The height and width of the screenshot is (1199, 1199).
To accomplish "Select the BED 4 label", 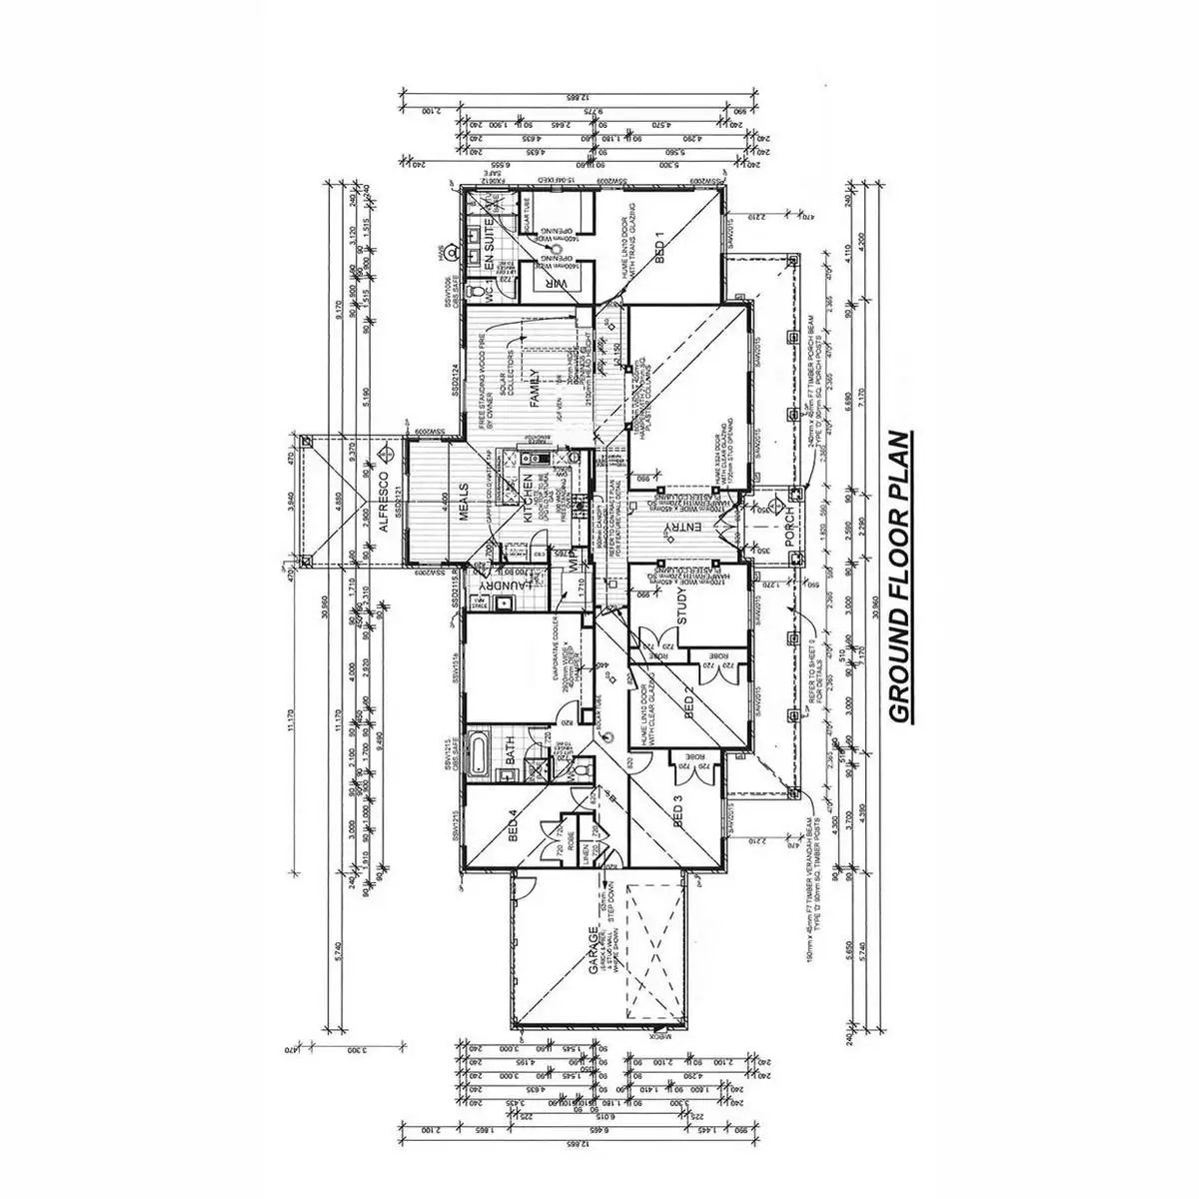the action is tap(512, 825).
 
